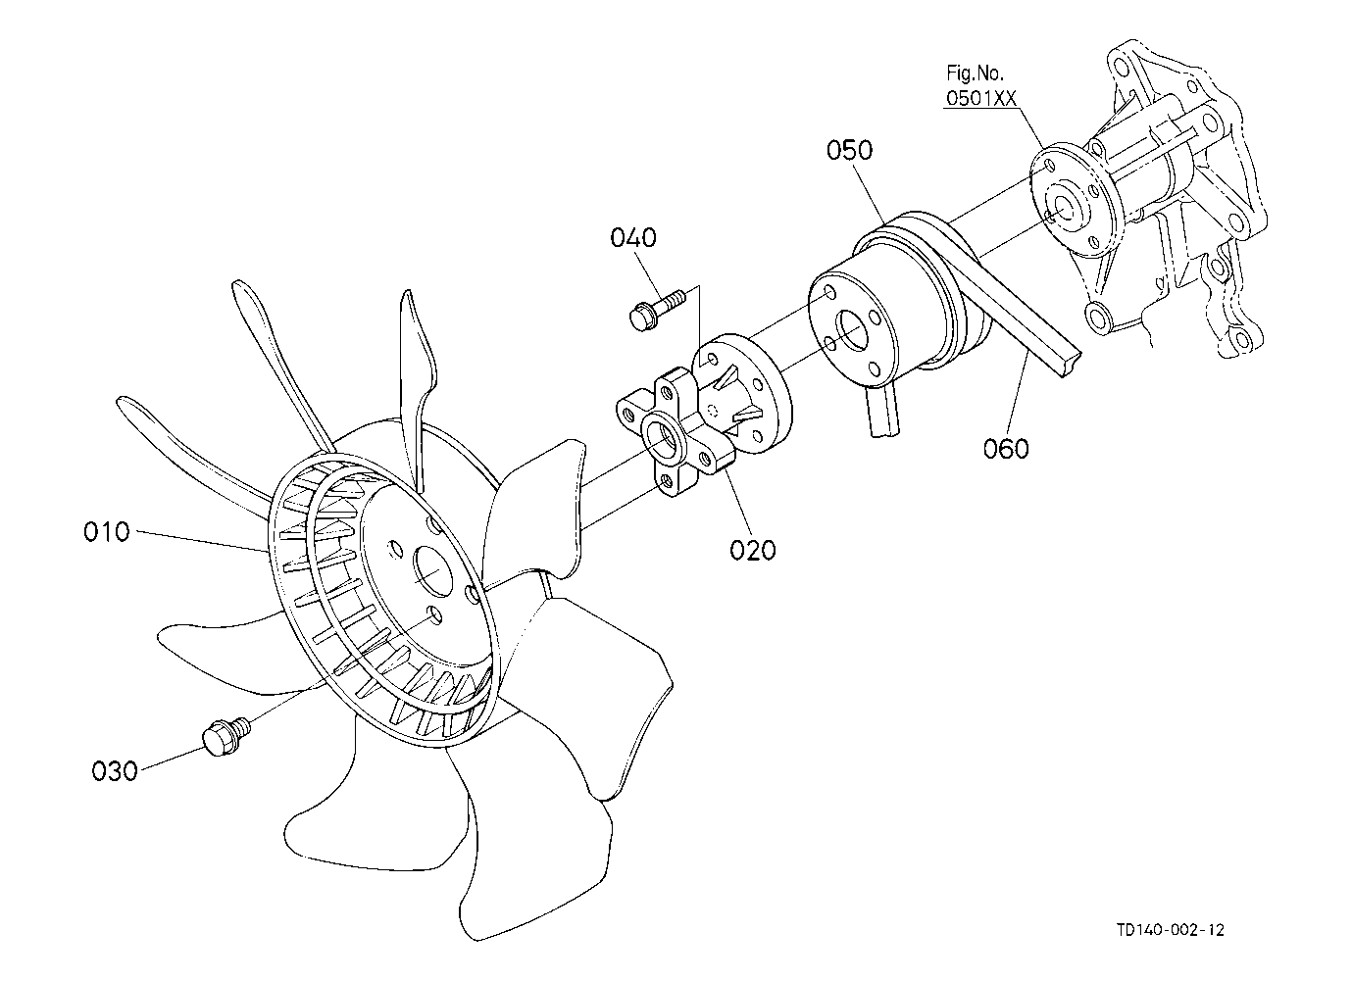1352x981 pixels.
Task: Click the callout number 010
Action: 106,532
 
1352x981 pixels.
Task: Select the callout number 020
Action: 752,550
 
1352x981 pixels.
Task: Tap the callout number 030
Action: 115,771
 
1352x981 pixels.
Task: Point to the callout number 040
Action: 633,238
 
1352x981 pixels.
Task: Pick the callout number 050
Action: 849,151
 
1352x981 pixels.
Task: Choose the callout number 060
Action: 1006,449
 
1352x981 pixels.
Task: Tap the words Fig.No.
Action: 975,73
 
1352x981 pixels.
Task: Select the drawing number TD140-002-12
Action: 1170,930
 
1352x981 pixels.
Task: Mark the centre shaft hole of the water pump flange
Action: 1061,208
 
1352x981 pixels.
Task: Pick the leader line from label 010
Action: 201,541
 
